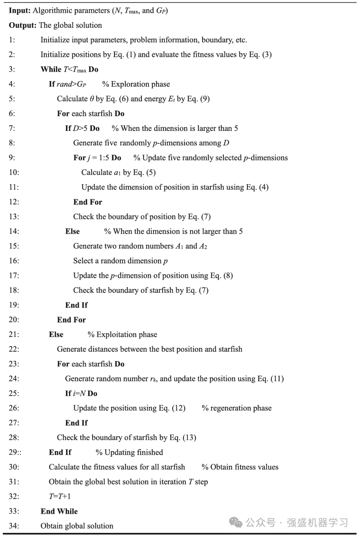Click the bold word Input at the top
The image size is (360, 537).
coord(20,11)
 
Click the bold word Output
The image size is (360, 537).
coord(22,25)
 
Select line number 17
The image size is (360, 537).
coord(14,275)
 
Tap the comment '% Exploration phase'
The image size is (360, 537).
coord(136,84)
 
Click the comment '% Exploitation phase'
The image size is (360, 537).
coord(122,334)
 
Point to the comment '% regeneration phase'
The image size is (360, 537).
coord(237,408)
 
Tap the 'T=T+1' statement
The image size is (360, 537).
coord(60,496)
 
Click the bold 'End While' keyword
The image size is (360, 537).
coord(59,511)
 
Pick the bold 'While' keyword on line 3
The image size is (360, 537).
coord(51,69)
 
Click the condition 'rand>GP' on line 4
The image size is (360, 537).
coord(71,84)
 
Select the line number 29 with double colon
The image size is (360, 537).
coord(15,452)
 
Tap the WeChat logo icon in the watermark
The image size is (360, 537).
coord(236,523)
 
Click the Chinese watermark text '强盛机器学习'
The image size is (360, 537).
coord(317,523)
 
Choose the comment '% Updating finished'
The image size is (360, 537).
coord(129,452)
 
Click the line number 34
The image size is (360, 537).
coord(14,526)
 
